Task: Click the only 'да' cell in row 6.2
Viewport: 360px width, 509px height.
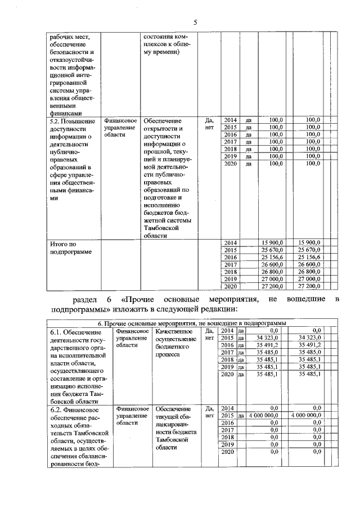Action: point(241,416)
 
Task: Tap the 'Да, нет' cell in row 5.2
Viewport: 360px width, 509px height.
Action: point(209,124)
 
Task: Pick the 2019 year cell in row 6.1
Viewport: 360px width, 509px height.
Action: point(227,367)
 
